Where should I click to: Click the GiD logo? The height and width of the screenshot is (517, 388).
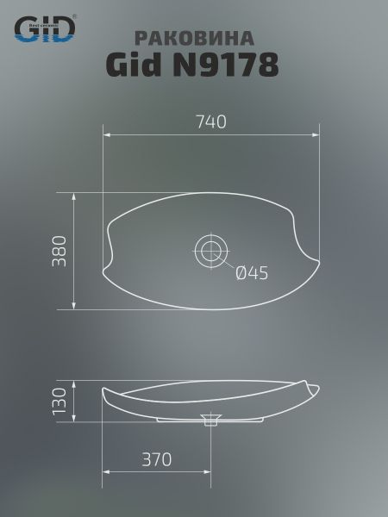[45, 28]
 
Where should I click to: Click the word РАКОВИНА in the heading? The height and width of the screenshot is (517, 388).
[195, 38]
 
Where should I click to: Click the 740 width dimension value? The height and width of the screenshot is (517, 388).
[211, 121]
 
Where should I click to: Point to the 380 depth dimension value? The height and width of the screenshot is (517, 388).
[59, 251]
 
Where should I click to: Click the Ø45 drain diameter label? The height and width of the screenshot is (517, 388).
[252, 273]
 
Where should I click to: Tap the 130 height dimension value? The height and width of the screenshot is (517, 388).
[59, 402]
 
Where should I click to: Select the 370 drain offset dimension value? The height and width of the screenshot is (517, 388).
[157, 459]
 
